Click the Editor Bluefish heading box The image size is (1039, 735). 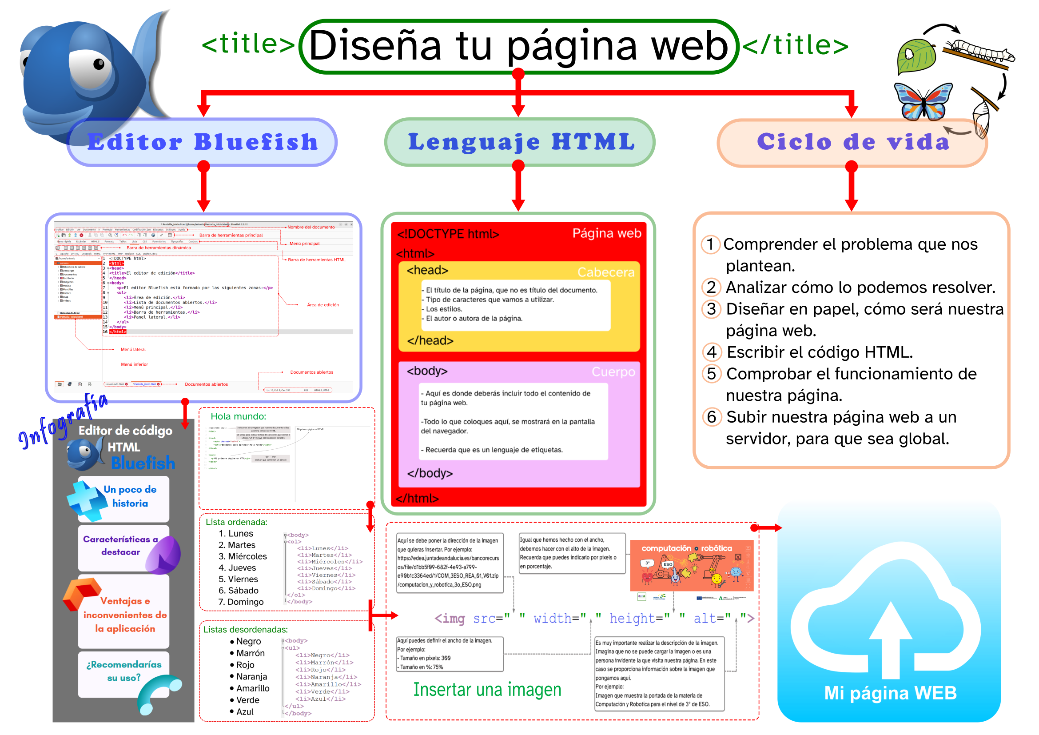tap(202, 142)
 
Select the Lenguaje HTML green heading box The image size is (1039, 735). tap(521, 142)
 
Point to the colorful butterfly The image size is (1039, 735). tap(923, 102)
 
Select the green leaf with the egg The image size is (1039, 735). tap(916, 56)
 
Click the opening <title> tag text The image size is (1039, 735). tap(248, 44)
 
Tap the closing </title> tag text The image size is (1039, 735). tap(796, 45)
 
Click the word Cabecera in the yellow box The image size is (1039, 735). tap(605, 272)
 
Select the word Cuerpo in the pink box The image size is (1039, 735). tap(613, 371)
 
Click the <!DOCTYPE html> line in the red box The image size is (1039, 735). tap(448, 234)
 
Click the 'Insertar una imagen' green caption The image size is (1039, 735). tap(487, 689)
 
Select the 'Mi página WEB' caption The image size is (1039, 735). tap(890, 693)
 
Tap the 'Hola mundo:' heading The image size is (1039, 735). tap(239, 416)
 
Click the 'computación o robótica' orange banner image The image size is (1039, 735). tap(691, 566)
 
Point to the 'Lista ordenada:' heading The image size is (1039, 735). tap(236, 522)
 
